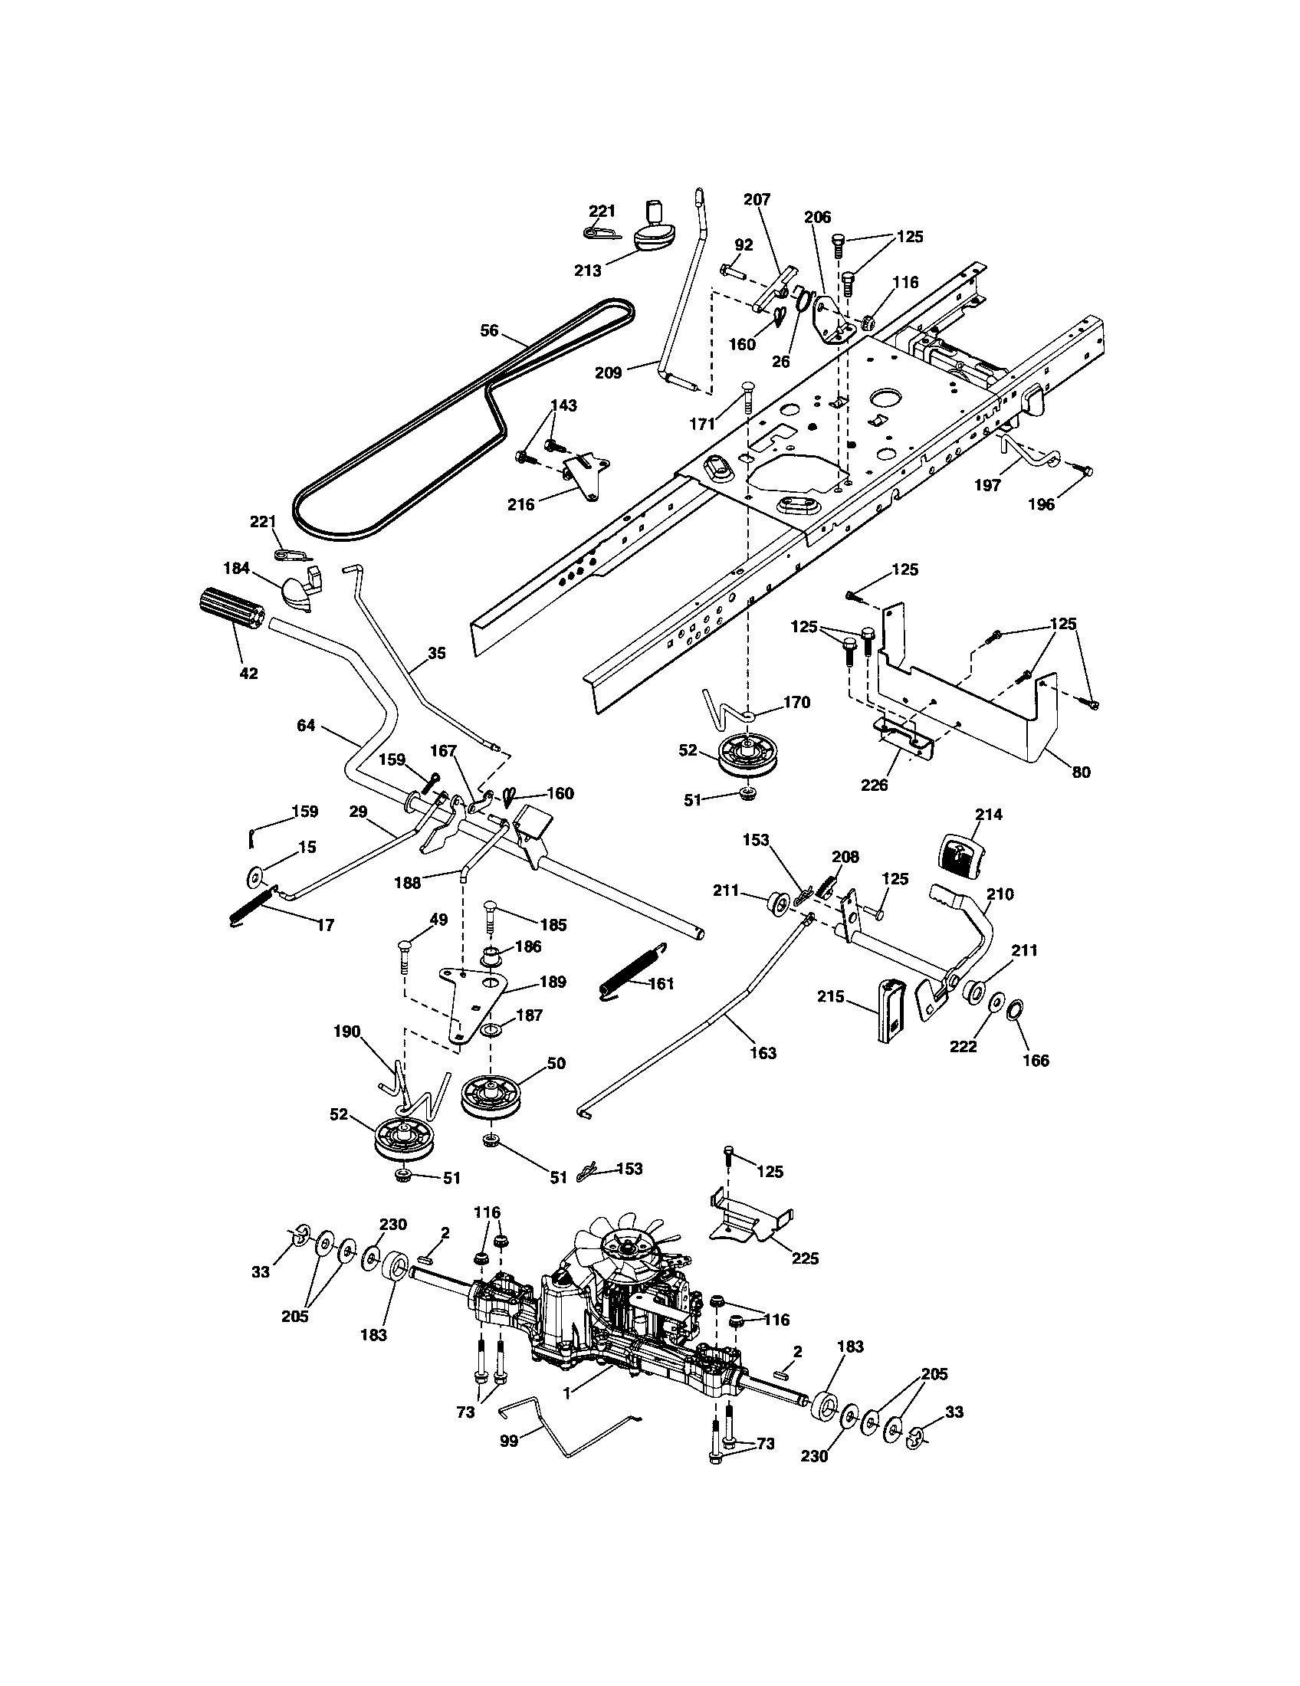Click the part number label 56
[x=490, y=330]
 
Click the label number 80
[x=1081, y=771]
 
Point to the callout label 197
[x=987, y=485]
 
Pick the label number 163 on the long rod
[x=763, y=1052]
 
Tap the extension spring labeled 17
[x=251, y=906]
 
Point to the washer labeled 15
[x=253, y=876]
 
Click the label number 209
[x=609, y=373]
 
